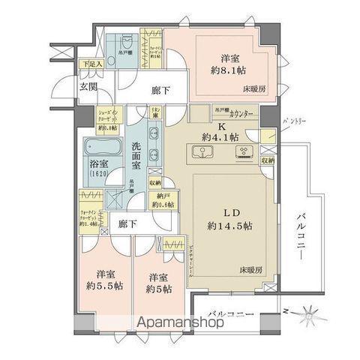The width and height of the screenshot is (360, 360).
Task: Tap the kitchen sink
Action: pyautogui.click(x=204, y=154)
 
